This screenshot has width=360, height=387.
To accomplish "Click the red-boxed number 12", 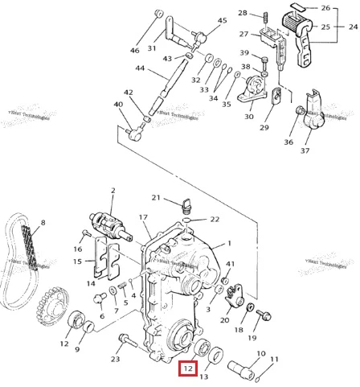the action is (x=187, y=369).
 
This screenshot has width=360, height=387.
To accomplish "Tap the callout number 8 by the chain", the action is (x=43, y=223).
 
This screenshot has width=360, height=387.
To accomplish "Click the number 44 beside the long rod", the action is (x=140, y=68).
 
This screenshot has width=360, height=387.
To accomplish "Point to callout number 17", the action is (x=144, y=217).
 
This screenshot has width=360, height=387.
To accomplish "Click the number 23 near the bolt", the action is (x=115, y=360).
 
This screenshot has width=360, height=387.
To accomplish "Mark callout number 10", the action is (x=260, y=353).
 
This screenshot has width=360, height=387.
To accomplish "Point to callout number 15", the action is (x=78, y=261).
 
